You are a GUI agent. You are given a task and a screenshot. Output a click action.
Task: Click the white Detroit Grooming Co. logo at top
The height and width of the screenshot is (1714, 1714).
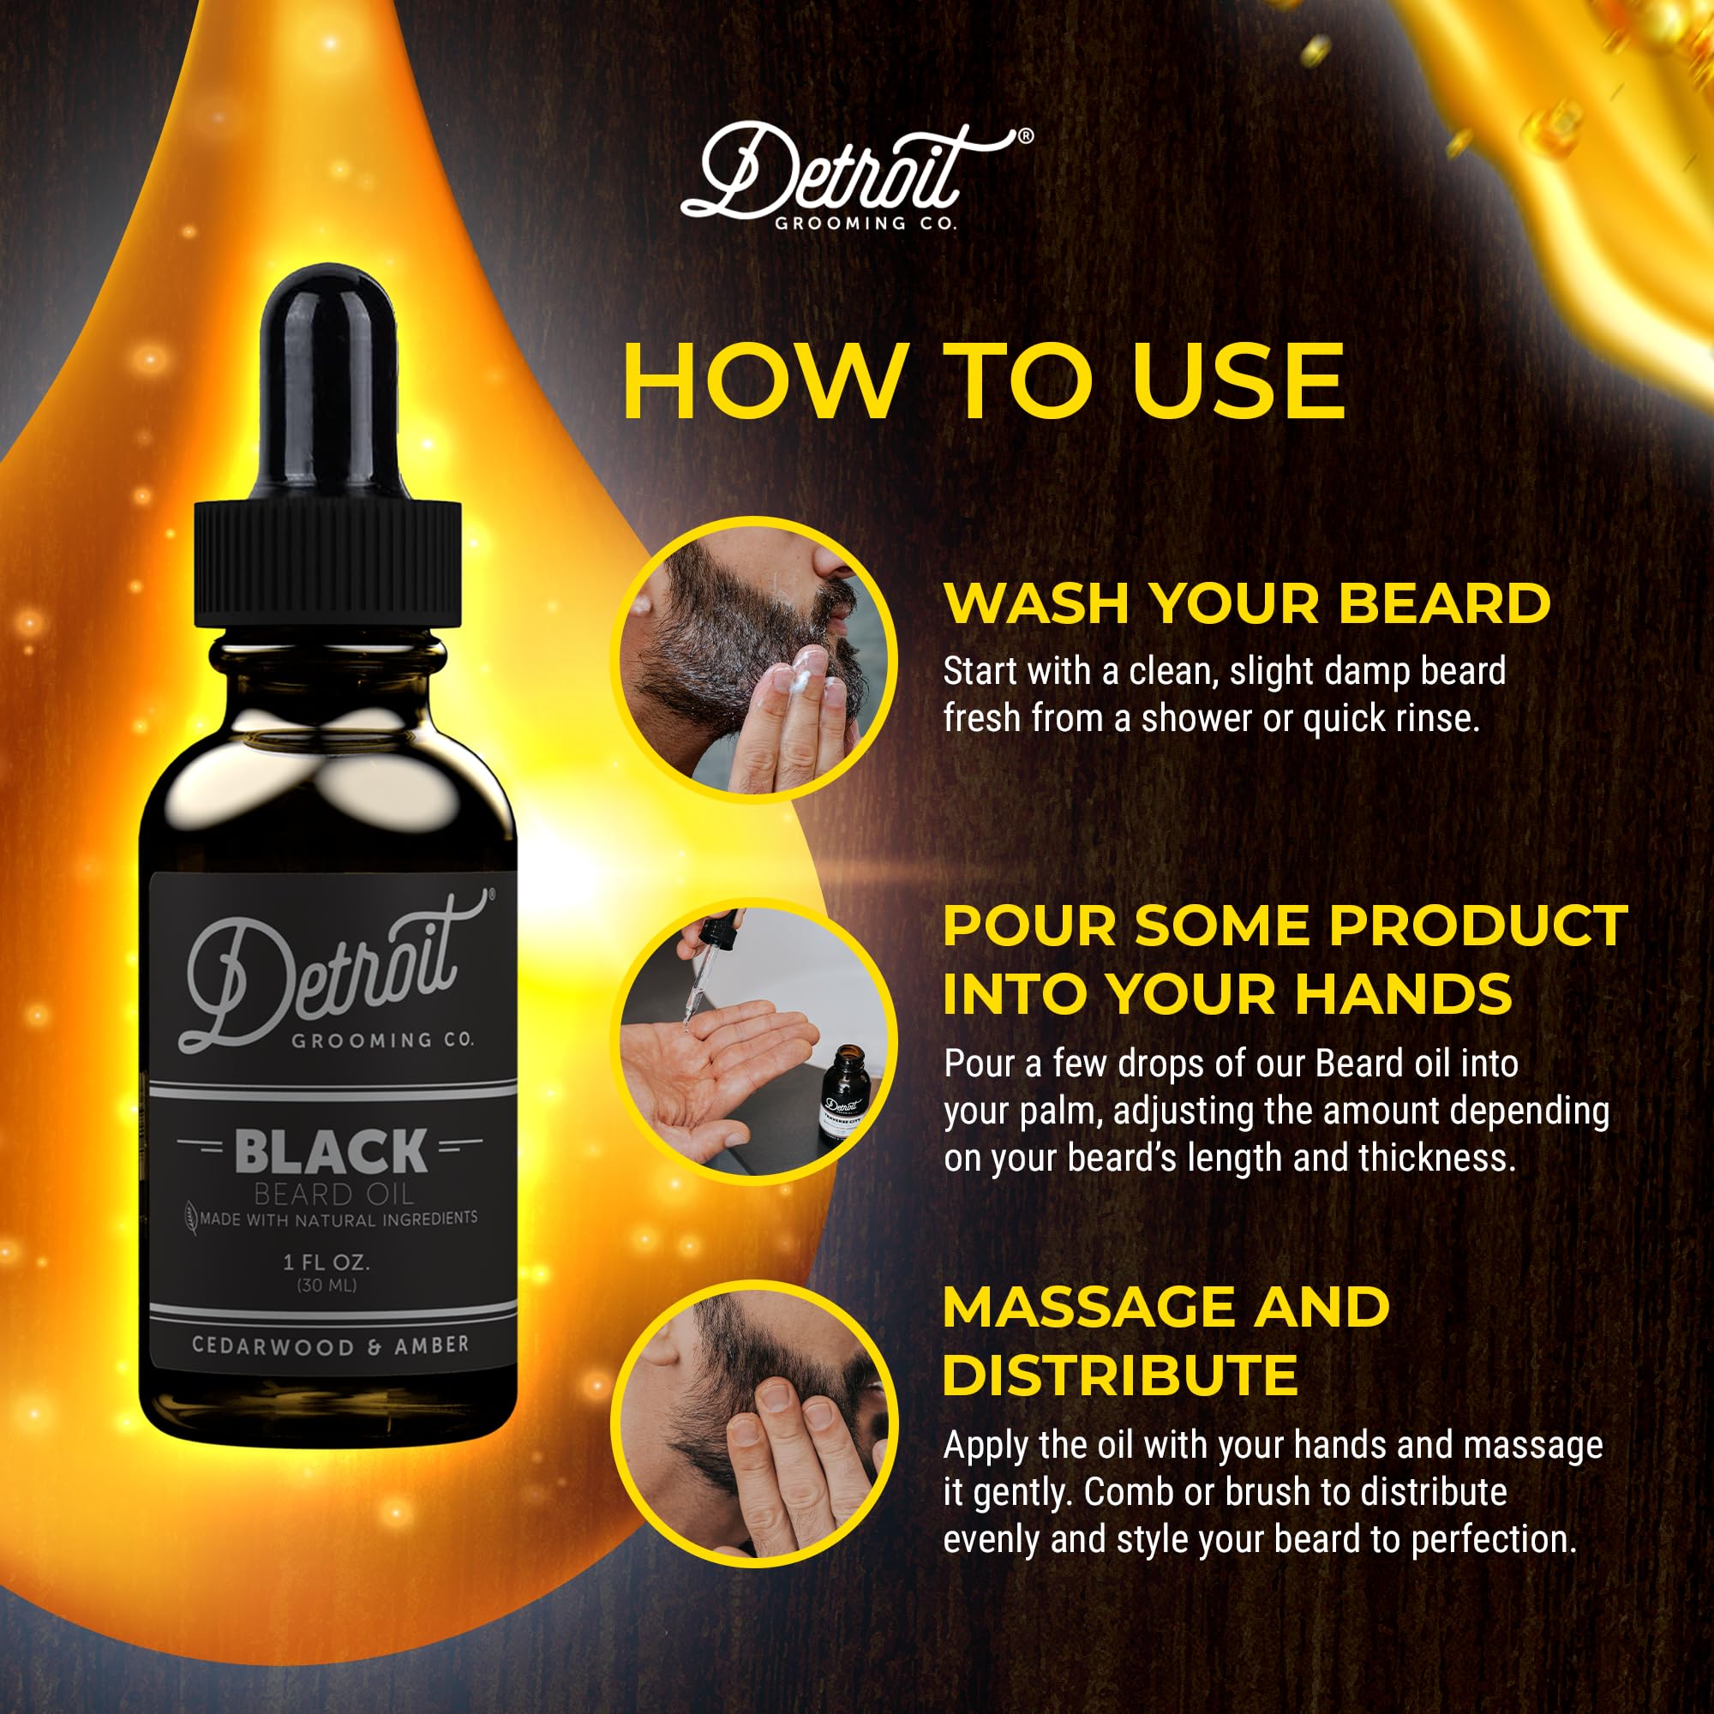pyautogui.click(x=856, y=177)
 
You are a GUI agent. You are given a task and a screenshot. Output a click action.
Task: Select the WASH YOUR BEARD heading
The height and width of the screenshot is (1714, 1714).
pyautogui.click(x=1247, y=603)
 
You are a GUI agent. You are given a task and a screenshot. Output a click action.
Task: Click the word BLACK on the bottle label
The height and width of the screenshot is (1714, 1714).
pyautogui.click(x=331, y=1152)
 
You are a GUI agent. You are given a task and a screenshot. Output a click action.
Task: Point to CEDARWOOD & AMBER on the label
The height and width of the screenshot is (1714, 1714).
pyautogui.click(x=331, y=1345)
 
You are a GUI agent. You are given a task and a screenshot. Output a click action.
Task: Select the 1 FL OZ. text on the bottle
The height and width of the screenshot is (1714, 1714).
pyautogui.click(x=327, y=1262)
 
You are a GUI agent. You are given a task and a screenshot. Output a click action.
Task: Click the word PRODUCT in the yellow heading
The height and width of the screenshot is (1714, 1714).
pyautogui.click(x=1478, y=926)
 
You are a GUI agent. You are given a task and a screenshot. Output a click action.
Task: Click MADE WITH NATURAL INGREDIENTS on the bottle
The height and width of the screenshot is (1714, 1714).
pyautogui.click(x=338, y=1219)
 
